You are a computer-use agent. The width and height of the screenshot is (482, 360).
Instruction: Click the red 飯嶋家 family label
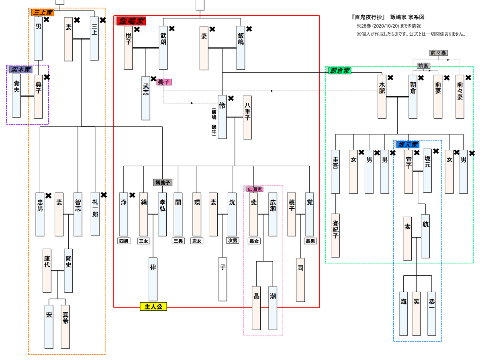[131, 21]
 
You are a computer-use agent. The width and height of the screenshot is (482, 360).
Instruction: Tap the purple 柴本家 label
[20, 69]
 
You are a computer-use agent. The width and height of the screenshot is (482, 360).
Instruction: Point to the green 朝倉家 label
[339, 71]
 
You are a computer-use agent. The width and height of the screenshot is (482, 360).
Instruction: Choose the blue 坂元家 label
[407, 144]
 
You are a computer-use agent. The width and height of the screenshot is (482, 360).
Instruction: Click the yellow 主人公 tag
[153, 307]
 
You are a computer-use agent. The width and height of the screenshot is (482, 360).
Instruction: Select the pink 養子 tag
[165, 81]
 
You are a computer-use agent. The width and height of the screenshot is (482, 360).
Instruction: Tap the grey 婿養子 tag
[163, 182]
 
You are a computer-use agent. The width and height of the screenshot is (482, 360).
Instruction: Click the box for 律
[153, 279]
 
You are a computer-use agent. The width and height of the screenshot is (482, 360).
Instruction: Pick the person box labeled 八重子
[247, 117]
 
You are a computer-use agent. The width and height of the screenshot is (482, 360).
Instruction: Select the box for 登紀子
[335, 235]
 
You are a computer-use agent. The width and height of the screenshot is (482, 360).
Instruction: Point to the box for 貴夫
[16, 96]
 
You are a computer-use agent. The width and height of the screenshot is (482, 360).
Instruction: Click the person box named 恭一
[431, 313]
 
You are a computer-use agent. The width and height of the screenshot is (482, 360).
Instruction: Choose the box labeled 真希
[65, 326]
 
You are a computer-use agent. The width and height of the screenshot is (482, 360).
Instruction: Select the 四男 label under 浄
[124, 241]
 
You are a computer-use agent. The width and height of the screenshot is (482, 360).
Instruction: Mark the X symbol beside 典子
[47, 77]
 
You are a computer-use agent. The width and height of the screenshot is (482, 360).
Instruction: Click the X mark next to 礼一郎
[104, 195]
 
